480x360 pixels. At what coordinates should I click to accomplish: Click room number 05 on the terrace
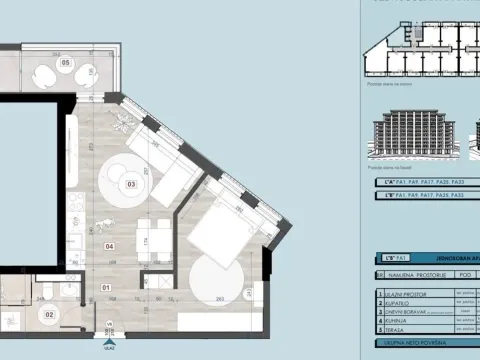[66, 63]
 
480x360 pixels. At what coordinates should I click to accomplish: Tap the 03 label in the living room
[131, 185]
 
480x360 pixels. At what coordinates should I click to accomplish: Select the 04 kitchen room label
[109, 244]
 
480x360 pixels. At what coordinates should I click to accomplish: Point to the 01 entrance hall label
[106, 290]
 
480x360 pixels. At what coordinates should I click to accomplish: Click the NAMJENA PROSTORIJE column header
[411, 273]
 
